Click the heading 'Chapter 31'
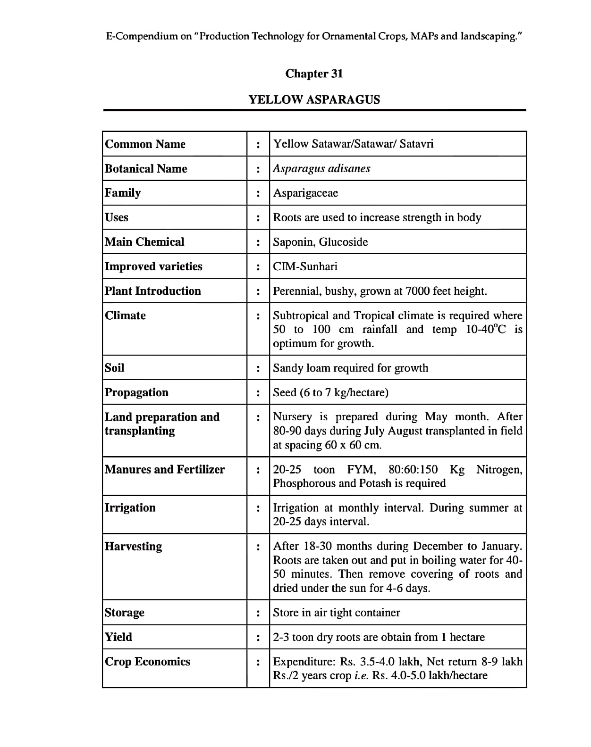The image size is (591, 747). (x=314, y=74)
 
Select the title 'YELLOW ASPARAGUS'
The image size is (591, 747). (x=314, y=100)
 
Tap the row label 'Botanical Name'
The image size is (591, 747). (x=146, y=169)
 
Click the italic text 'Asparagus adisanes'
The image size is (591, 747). (x=321, y=169)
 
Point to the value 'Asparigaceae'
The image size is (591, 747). (x=305, y=193)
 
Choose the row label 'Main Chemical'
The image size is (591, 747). (x=144, y=242)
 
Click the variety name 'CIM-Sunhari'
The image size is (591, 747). (x=305, y=266)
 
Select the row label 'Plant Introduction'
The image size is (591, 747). (x=153, y=291)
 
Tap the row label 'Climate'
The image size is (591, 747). (x=125, y=315)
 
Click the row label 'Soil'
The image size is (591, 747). (x=115, y=368)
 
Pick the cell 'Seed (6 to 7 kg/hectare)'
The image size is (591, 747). (x=331, y=392)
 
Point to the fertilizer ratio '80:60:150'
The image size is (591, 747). (x=413, y=470)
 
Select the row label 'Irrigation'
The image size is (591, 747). (x=130, y=508)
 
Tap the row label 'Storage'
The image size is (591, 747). (x=125, y=613)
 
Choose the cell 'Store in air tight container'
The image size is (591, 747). (x=337, y=613)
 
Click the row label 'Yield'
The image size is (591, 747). (x=118, y=637)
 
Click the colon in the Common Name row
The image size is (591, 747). (x=258, y=144)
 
